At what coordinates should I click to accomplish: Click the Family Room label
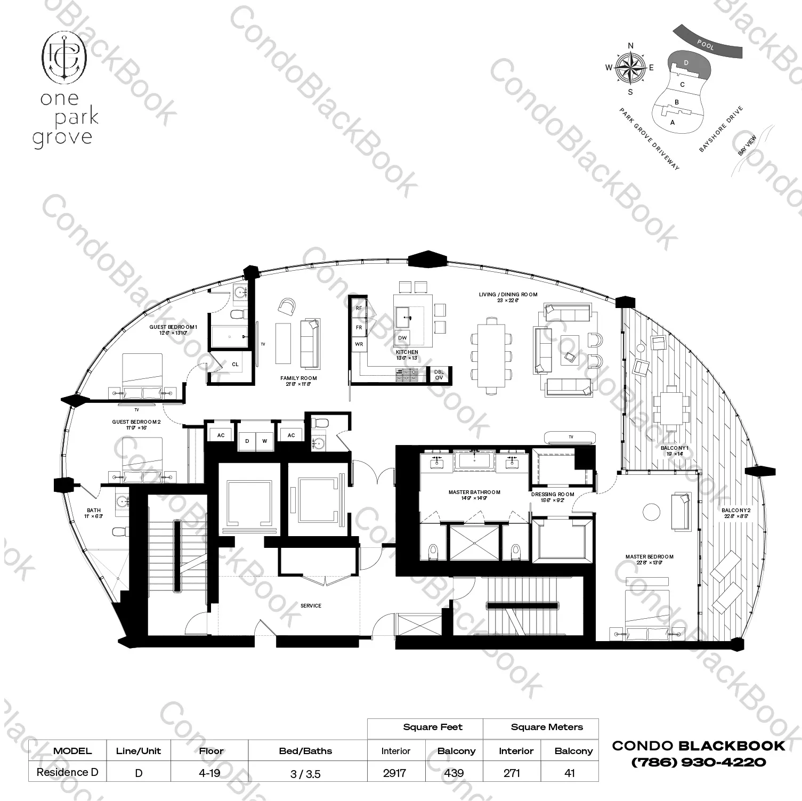tap(298, 378)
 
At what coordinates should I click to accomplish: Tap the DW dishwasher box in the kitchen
tap(402, 338)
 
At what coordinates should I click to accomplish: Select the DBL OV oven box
tap(439, 375)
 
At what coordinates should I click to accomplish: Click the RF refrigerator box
tap(359, 308)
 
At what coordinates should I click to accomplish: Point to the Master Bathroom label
tap(474, 492)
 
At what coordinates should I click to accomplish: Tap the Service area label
tap(311, 605)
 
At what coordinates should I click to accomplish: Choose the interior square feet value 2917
tap(394, 773)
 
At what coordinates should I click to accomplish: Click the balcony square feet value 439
tap(454, 773)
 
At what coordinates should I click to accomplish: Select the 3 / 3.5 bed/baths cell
tap(306, 774)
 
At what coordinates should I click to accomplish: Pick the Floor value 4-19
tap(209, 773)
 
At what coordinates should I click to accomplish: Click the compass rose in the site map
tap(630, 68)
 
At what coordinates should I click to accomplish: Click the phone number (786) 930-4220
tap(698, 763)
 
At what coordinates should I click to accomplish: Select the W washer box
tap(264, 441)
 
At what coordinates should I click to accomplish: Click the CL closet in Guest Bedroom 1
tap(235, 365)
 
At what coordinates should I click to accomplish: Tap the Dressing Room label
tap(553, 495)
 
